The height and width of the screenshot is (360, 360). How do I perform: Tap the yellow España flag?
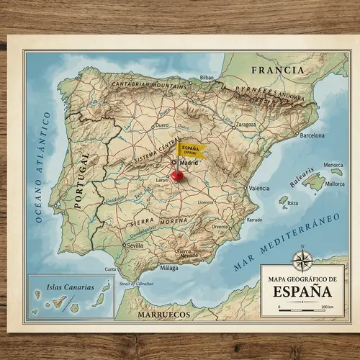click(x=191, y=150)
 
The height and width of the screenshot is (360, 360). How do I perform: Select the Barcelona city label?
click(x=312, y=135)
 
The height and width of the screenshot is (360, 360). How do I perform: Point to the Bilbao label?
click(x=207, y=77)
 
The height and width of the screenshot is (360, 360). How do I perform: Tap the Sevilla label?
click(x=135, y=245)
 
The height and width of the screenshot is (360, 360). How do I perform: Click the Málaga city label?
click(x=169, y=268)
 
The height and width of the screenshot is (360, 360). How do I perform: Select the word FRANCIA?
click(x=277, y=71)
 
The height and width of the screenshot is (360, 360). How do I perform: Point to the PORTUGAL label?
click(x=81, y=180)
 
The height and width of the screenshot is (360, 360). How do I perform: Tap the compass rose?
click(x=302, y=258)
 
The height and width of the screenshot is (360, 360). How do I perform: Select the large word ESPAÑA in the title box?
click(x=302, y=292)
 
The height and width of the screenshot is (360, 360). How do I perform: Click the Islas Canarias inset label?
click(x=69, y=287)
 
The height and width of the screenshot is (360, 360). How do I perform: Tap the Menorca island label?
click(x=332, y=165)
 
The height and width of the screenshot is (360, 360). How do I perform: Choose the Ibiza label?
click(x=292, y=202)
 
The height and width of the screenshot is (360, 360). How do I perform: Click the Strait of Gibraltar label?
click(x=135, y=284)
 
